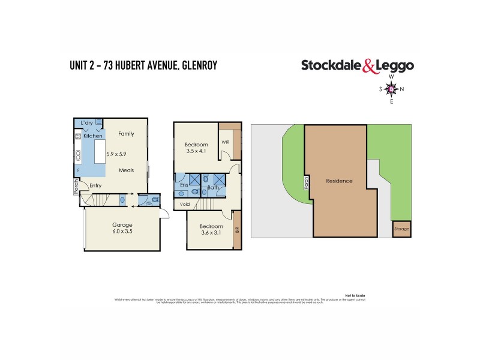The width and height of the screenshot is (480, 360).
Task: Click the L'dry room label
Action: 86,123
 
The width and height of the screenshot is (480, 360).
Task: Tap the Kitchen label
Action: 92,136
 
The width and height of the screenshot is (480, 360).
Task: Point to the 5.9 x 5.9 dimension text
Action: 118,155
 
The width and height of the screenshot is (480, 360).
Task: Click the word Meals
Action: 126,170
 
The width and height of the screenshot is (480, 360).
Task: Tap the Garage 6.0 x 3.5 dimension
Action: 122,232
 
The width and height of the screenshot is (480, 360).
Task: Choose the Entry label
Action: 95,186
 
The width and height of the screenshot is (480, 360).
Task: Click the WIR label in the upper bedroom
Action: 226,142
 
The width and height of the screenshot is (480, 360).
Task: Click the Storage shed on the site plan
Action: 402,229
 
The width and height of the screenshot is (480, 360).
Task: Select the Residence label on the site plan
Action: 339,181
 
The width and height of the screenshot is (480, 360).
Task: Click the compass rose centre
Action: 391,89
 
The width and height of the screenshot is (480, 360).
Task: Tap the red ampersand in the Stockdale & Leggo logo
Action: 371,67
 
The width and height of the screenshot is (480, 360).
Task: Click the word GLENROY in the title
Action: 196,65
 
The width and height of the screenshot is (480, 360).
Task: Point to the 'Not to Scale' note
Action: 355,296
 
